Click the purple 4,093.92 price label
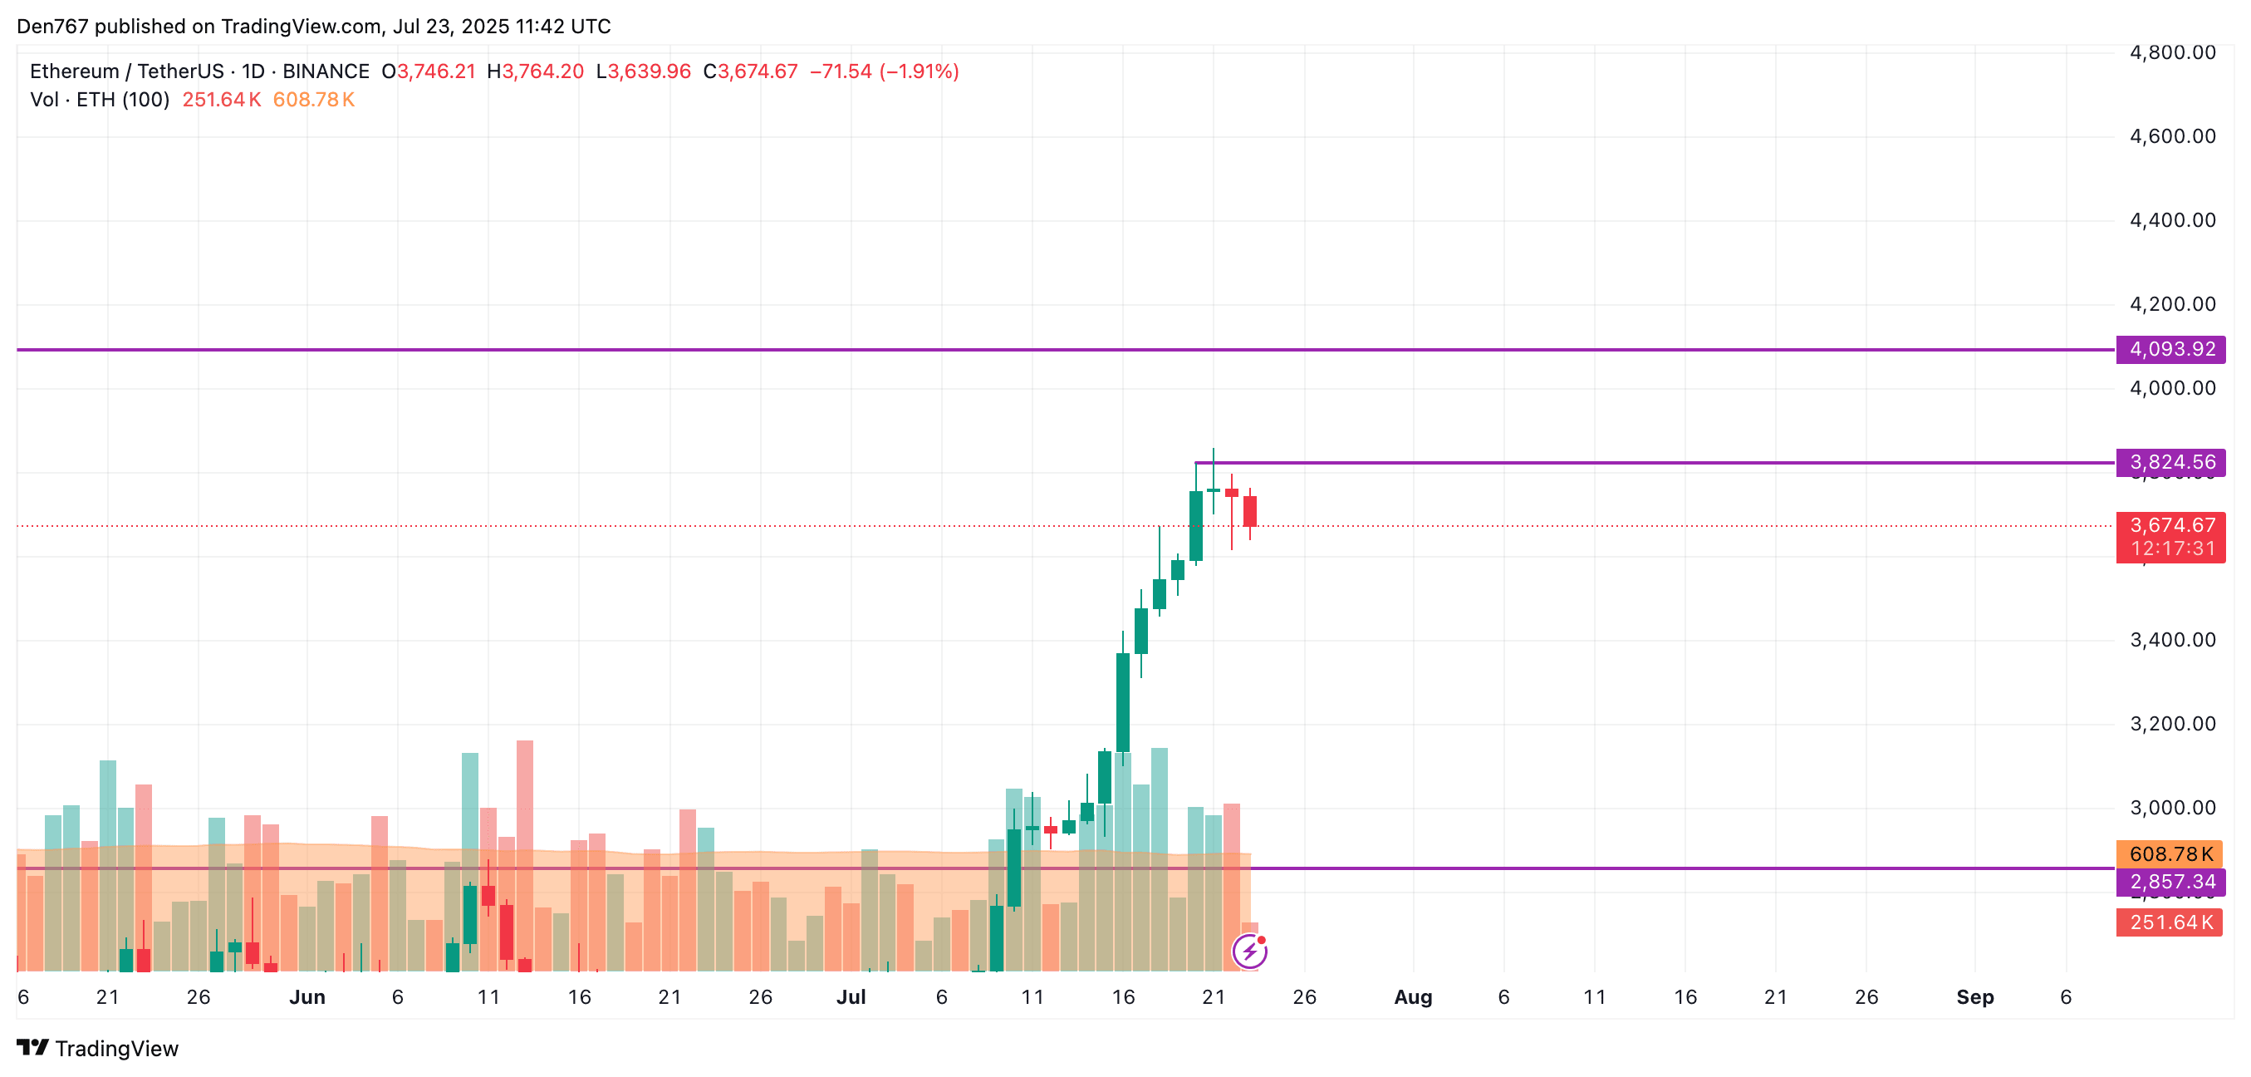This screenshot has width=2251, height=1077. [2170, 350]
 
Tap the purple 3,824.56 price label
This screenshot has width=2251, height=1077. [2170, 462]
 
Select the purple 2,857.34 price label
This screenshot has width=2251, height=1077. [2170, 881]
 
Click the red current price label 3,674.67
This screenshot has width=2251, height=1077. [2170, 525]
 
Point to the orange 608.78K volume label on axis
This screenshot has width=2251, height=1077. [2169, 854]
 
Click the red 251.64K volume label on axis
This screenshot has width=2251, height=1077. [2169, 922]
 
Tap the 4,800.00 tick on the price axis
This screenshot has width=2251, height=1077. [2171, 52]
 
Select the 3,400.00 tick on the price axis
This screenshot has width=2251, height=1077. [2171, 640]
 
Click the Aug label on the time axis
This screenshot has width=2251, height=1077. [1412, 997]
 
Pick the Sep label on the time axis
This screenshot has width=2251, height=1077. [1974, 997]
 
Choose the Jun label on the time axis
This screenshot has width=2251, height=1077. [307, 997]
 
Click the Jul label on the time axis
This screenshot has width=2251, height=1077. [851, 997]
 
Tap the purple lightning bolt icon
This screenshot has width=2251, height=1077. [1249, 952]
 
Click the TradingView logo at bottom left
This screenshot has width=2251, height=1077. [98, 1048]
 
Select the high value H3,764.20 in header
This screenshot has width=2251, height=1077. [535, 71]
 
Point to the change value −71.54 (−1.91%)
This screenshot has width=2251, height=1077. [884, 71]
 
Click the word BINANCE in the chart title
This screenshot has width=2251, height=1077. [325, 71]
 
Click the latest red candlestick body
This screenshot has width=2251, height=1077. [1249, 511]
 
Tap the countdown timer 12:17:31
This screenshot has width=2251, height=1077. [2170, 549]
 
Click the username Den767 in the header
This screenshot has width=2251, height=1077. [52, 27]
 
